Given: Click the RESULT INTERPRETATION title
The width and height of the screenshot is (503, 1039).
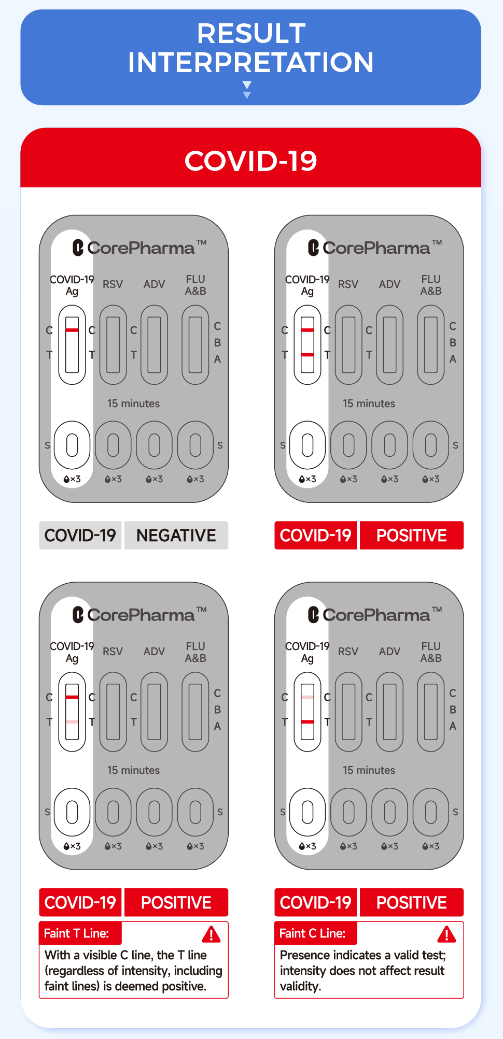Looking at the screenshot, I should pos(251,48).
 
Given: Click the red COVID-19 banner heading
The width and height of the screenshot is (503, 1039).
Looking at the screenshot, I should pos(251,161).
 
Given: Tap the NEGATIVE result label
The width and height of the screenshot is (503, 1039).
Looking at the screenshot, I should pos(176,535).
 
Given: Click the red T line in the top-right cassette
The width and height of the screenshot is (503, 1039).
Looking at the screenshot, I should pos(308,355).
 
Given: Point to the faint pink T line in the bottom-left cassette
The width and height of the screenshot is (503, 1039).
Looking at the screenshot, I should pos(72,721).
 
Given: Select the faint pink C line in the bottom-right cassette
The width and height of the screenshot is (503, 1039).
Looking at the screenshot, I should pos(308,697).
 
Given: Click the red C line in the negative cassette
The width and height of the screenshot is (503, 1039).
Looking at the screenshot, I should pos(72,330).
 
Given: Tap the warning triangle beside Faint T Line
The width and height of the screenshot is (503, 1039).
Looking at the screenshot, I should pos(211,934).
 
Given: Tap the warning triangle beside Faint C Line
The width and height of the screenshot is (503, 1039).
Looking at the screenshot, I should pos(446,934).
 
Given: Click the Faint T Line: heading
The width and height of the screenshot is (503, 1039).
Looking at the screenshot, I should pos(77,933).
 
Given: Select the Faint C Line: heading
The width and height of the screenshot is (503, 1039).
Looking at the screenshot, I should pos(312,933).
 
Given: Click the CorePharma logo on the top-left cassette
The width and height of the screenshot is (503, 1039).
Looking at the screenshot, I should pos(139,248).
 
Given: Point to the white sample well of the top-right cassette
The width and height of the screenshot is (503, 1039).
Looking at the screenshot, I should pos(308,445).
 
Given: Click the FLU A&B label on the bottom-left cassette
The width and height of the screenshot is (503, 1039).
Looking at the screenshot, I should pos(195,652).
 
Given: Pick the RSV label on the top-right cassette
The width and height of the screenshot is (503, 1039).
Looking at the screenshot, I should pos(348,284).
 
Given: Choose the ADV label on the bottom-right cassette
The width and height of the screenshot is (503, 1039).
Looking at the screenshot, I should pos(389,652).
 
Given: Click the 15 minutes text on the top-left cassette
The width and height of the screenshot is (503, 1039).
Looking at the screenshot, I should pos(133,403).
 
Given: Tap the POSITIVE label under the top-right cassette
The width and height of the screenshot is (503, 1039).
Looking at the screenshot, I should pos(411,535).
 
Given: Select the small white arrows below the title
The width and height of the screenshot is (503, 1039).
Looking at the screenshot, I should pos(247,89).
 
